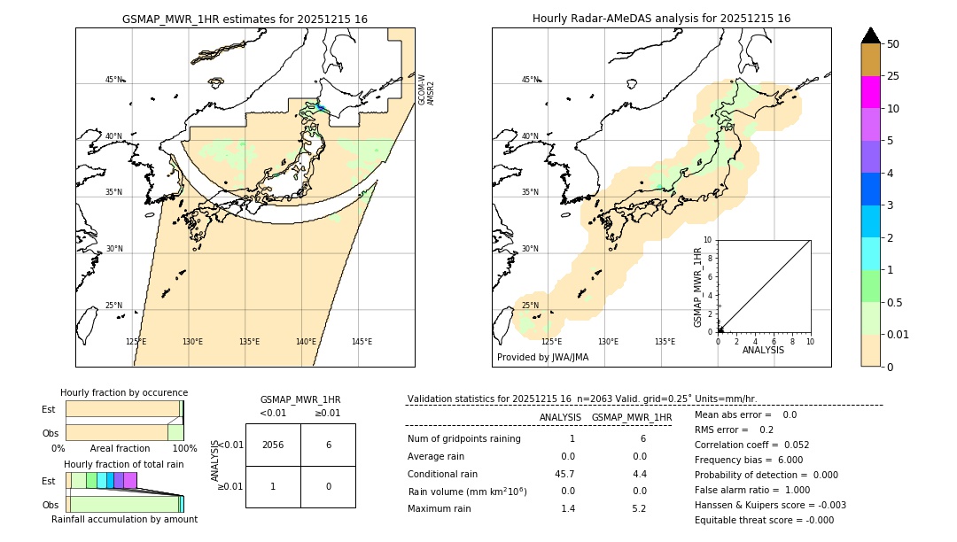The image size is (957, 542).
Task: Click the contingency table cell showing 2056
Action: click(x=273, y=445)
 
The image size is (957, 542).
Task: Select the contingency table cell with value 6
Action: click(x=328, y=445)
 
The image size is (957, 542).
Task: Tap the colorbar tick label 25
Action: click(x=893, y=76)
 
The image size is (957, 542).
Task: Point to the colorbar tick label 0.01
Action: click(x=899, y=334)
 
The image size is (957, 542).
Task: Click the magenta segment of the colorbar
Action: click(x=871, y=92)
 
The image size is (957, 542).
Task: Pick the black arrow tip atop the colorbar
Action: click(x=871, y=35)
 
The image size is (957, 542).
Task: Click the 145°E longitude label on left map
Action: click(x=362, y=342)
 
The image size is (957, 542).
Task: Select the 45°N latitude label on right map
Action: click(x=530, y=80)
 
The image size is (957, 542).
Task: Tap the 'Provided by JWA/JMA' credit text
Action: click(x=542, y=357)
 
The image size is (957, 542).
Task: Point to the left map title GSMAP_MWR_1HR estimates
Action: click(x=245, y=19)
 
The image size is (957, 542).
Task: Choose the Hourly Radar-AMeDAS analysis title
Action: click(x=661, y=19)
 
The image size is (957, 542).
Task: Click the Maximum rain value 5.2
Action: click(x=638, y=508)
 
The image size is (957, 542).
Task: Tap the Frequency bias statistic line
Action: click(x=749, y=460)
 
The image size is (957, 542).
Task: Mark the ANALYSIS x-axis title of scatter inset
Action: click(x=763, y=350)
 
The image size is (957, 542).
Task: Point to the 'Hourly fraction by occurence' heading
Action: click(x=124, y=392)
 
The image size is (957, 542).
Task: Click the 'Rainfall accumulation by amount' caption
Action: click(x=124, y=519)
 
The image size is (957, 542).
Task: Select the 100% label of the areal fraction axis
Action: click(x=184, y=448)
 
